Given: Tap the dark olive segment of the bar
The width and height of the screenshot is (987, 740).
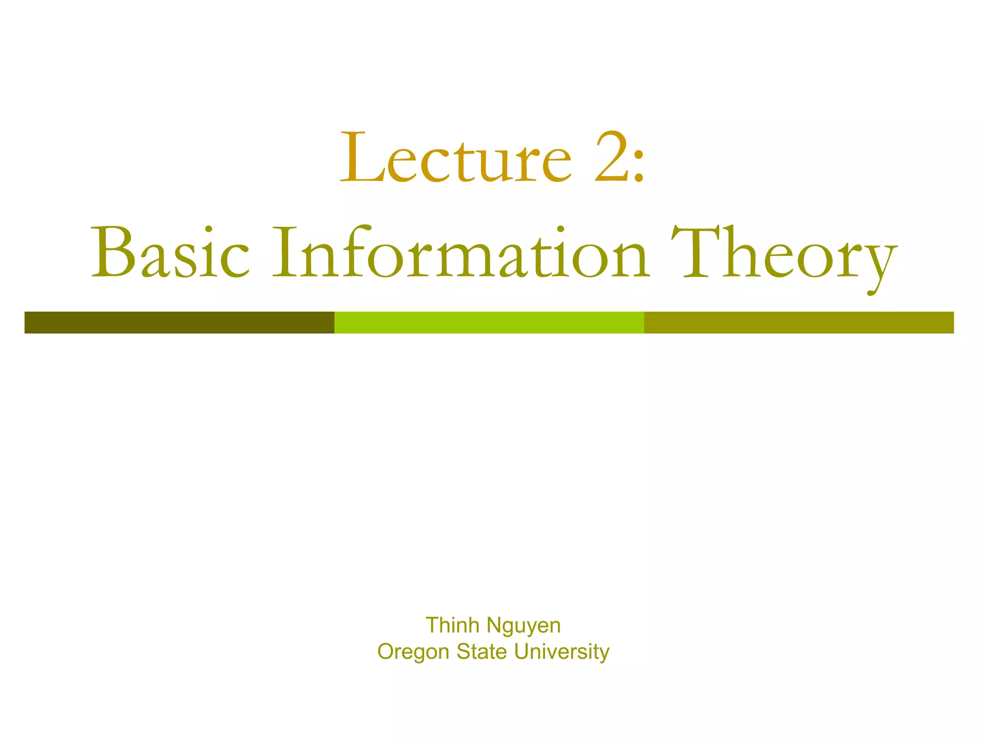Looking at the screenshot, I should [x=179, y=322].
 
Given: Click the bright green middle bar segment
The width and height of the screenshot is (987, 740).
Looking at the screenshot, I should [x=489, y=322].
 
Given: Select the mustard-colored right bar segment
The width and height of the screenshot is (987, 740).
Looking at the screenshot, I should [x=799, y=322].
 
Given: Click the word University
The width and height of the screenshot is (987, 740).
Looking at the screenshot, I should [x=561, y=652].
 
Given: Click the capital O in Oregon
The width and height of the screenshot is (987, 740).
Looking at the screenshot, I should [x=386, y=651].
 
